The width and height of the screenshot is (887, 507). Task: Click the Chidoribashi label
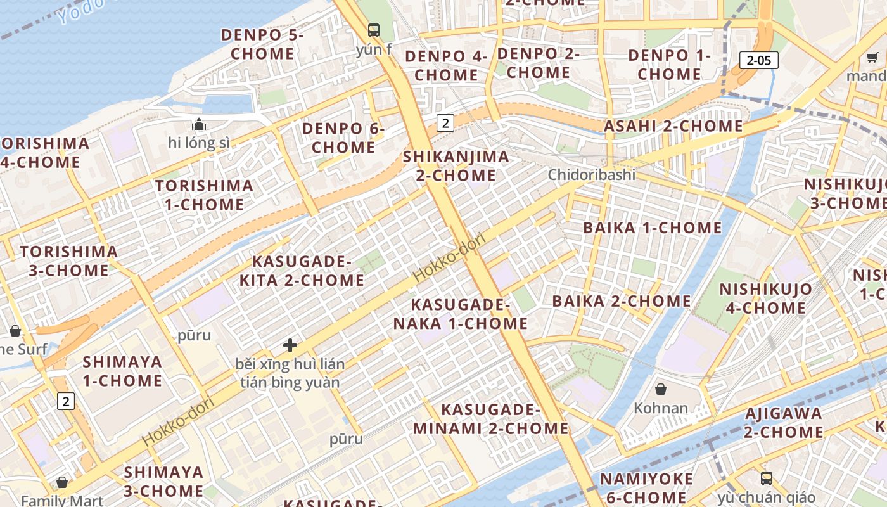(591, 174)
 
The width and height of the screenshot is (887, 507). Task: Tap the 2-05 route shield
(758, 60)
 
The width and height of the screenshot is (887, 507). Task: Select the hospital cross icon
(290, 345)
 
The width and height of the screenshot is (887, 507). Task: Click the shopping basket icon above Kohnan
(661, 389)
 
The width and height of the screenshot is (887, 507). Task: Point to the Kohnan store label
(661, 408)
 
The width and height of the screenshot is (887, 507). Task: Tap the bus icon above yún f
(374, 30)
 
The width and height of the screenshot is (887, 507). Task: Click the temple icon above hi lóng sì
(199, 124)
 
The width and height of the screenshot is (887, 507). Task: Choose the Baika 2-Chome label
(622, 301)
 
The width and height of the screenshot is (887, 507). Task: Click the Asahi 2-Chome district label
(673, 126)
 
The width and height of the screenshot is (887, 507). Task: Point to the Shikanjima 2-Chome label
(456, 165)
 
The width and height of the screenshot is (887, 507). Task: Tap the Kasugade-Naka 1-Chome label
(460, 314)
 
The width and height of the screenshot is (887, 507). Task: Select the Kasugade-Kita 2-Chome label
(302, 271)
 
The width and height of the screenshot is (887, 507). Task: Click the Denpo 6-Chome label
(343, 138)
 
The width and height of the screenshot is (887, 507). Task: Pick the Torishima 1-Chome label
(204, 195)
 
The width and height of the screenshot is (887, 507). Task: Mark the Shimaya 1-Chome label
(122, 371)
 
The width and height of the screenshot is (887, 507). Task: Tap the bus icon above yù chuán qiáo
(767, 478)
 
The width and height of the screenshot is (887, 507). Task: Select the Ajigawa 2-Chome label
(783, 423)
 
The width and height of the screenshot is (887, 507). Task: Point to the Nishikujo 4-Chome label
(765, 298)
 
